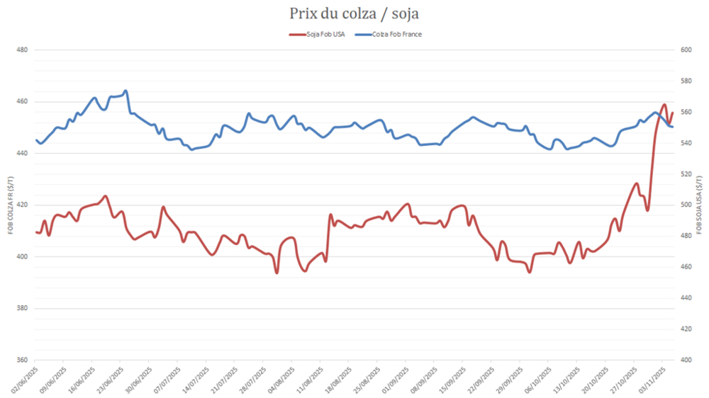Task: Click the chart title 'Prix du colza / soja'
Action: coord(354,13)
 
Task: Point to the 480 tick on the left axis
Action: coord(21,50)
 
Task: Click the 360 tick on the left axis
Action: coord(21,360)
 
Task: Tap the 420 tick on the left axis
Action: coord(21,205)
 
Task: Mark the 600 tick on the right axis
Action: coord(686,50)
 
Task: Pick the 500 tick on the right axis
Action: coord(686,205)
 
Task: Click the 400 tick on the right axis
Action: coord(686,360)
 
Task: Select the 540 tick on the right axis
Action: coord(686,143)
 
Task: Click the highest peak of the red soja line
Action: coord(664,105)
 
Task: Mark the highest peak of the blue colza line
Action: coord(125,91)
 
